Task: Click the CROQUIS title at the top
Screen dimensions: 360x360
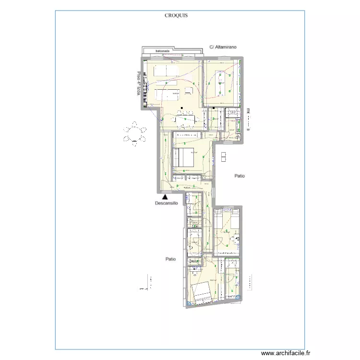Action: (x=176, y=15)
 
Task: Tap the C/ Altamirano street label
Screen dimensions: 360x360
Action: (x=224, y=47)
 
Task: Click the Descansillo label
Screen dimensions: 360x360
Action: (x=167, y=203)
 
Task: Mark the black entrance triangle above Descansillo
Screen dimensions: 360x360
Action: (x=165, y=196)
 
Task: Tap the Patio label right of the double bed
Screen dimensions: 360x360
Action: (x=240, y=176)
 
